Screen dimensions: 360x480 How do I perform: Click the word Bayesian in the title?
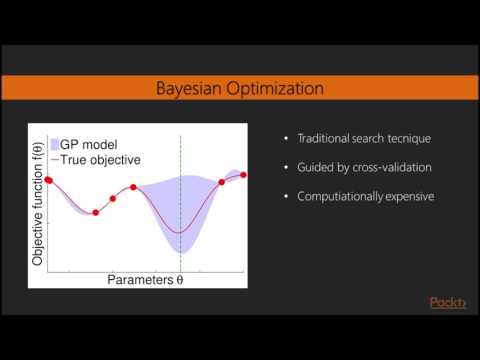click(190, 89)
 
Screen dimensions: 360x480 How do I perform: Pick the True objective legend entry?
click(106, 158)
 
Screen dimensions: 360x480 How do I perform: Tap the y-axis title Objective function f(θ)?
click(38, 204)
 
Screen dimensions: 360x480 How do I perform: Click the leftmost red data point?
click(48, 180)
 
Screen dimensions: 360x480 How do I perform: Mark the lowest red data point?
click(95, 212)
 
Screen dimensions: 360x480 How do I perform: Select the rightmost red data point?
click(244, 174)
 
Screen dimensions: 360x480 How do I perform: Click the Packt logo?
click(447, 304)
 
